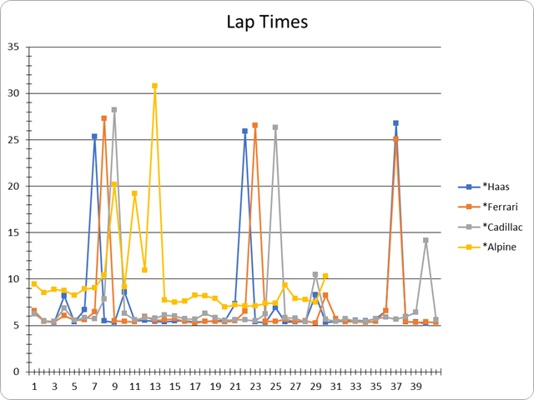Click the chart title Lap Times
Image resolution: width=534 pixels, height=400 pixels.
click(267, 22)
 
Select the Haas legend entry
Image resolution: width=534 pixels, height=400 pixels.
click(496, 187)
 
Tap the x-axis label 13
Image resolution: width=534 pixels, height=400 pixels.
click(154, 387)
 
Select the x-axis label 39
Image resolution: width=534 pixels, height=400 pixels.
click(416, 387)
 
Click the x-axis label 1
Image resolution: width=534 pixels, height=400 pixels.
click(34, 387)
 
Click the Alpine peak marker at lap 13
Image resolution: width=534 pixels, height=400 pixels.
click(154, 86)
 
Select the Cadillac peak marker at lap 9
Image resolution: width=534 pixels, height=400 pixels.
click(114, 109)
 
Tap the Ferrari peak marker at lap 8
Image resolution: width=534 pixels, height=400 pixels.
click(104, 118)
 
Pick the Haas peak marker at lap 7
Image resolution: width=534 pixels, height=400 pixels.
click(94, 136)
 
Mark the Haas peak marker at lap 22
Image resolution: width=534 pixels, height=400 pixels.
click(245, 131)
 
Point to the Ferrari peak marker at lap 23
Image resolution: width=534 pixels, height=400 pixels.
click(255, 125)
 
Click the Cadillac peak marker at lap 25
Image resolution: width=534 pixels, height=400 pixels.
click(275, 127)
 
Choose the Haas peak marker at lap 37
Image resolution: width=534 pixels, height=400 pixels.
click(395, 123)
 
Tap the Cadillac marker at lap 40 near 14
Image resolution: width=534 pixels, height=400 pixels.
click(426, 240)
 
